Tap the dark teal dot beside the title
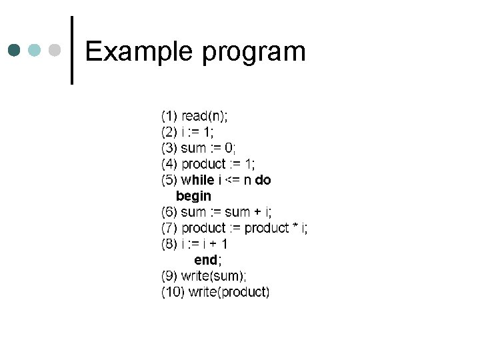15,50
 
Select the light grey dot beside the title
57,50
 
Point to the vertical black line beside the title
72,50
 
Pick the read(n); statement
205,115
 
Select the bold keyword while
197,180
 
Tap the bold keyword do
263,180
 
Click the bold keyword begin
193,196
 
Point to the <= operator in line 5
233,180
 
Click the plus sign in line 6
257,213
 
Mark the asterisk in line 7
294,228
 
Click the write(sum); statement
213,276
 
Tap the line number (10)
173,292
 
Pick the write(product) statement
229,292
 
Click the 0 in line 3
229,147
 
